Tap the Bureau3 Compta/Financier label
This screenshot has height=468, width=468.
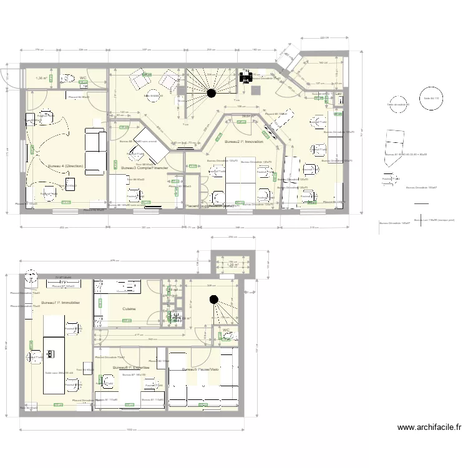pyautogui.click(x=145, y=168)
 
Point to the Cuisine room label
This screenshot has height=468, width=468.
pyautogui.click(x=130, y=308)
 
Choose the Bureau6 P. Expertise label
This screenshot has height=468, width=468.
pyautogui.click(x=132, y=368)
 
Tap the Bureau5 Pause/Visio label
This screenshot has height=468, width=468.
pyautogui.click(x=200, y=369)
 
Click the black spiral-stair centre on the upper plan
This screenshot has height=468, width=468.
pyautogui.click(x=212, y=94)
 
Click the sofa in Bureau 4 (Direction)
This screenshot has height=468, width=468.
pyautogui.click(x=97, y=151)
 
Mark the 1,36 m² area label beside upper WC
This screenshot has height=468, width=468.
pyautogui.click(x=42, y=79)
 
